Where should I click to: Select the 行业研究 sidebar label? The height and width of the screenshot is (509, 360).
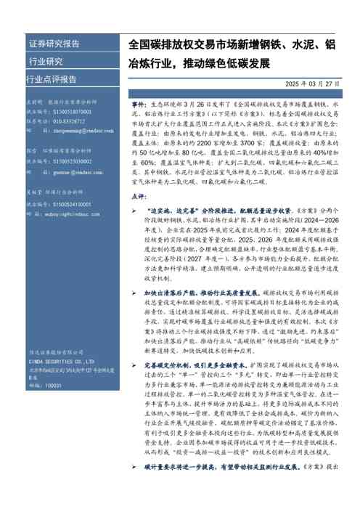[x=46, y=61]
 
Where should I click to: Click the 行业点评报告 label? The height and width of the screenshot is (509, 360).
[x=52, y=78]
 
